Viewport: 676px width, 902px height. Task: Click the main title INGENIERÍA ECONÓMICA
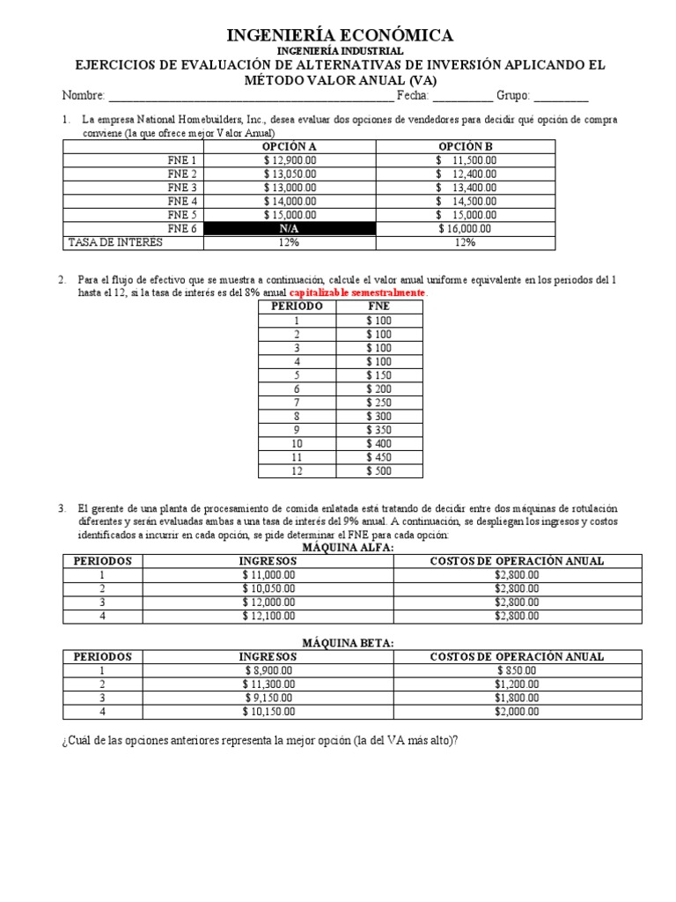coord(340,35)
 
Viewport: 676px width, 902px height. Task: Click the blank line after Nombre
coord(251,97)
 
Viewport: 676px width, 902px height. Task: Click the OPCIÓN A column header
coord(290,146)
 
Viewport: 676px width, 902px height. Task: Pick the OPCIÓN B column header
coord(466,146)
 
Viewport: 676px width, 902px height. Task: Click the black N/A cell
coord(290,228)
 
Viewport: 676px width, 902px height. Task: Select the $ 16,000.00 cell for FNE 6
coord(466,228)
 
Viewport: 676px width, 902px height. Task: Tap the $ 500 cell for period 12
coord(379,470)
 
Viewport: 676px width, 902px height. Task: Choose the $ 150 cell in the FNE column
coord(379,375)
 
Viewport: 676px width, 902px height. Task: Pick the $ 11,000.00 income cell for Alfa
coord(268,574)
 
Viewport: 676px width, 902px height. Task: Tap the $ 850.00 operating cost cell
coord(516,670)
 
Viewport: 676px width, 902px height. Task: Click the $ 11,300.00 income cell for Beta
coord(268,684)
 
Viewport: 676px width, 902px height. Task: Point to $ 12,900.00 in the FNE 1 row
coord(290,160)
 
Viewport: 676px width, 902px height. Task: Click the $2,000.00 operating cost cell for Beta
coord(516,712)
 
